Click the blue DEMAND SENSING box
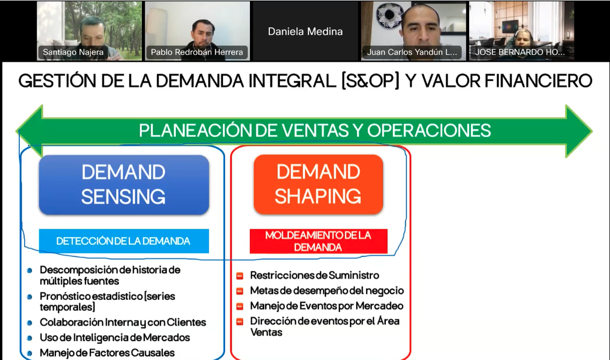[x=124, y=185]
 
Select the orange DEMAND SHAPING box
[x=318, y=184]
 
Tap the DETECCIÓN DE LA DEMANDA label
[x=124, y=241]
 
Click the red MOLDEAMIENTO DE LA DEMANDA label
[x=318, y=241]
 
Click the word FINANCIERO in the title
[x=539, y=81]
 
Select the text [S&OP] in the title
[x=370, y=81]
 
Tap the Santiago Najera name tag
[x=73, y=52]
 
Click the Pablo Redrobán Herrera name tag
[x=197, y=52]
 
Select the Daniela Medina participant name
[x=305, y=32]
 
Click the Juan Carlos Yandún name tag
[x=412, y=52]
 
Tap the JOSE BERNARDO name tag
[x=520, y=52]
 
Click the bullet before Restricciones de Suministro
[x=240, y=276]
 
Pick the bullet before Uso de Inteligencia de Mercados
[x=30, y=338]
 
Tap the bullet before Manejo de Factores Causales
[x=30, y=354]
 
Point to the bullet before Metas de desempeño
[x=240, y=291]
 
